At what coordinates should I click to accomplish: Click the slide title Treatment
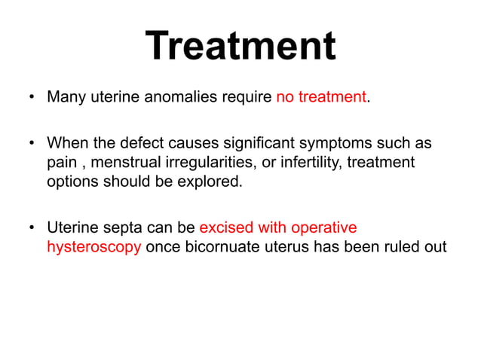[x=240, y=47]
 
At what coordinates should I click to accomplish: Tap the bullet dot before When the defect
[x=30, y=143]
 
